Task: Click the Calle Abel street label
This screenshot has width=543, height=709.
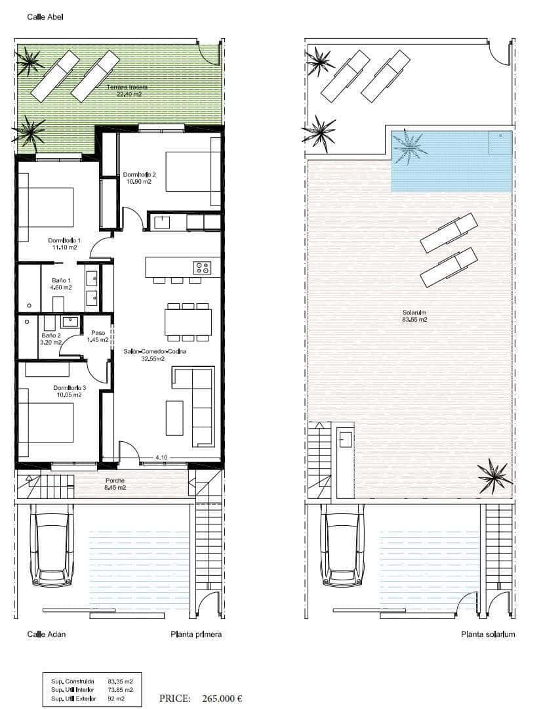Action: coord(45,16)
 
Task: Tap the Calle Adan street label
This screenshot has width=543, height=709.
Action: coord(46,634)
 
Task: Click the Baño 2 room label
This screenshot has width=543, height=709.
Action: coord(50,339)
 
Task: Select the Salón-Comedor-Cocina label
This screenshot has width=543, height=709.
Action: coord(155,355)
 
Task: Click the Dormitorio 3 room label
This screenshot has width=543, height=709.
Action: coord(69,391)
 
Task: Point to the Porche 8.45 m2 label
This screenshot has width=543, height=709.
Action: coord(115,484)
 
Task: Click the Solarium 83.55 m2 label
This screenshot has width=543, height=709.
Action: coord(414,316)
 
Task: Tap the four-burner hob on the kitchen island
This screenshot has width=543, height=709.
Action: coord(202,267)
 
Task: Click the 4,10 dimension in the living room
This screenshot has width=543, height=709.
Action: coord(162,457)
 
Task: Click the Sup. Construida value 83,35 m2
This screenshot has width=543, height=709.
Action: coord(120,681)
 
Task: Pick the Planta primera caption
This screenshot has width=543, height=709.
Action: coord(196,634)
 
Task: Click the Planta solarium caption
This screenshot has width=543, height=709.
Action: coord(488,634)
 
